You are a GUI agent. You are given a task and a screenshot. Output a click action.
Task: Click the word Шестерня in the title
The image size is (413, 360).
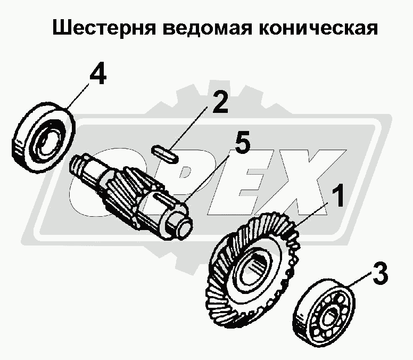(x=104, y=28)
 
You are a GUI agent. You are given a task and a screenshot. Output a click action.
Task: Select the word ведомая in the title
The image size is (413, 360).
(x=206, y=28)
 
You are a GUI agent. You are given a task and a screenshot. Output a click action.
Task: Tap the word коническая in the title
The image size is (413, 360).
(x=318, y=28)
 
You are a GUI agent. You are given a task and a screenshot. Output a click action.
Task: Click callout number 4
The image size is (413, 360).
(x=98, y=73)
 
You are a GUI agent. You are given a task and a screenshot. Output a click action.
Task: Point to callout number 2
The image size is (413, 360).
(x=220, y=102)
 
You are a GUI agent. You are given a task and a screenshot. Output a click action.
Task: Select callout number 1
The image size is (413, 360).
(x=337, y=195)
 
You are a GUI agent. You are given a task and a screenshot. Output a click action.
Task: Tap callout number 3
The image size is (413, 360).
(x=379, y=273)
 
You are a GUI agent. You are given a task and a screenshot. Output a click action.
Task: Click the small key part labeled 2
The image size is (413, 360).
(x=165, y=153)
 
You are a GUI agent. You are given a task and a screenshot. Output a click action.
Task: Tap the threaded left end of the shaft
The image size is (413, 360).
(x=78, y=166)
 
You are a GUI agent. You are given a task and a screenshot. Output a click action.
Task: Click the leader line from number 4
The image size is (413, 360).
(x=77, y=95)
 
